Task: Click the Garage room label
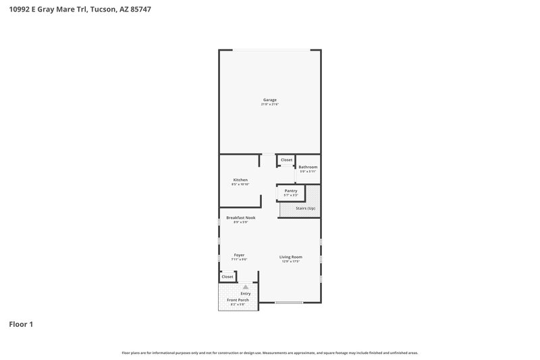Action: pos(269,100)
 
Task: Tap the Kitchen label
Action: pos(240,180)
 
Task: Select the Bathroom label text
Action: pos(308,167)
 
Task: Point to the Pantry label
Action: pos(291,191)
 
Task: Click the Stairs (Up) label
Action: pos(306,208)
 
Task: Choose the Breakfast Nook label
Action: pos(240,217)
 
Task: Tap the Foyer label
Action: pos(239,255)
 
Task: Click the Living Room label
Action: pos(291,257)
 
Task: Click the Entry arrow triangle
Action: pos(246,287)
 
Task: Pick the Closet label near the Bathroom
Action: pos(287,160)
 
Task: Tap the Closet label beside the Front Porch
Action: pos(227,276)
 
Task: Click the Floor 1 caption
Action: pos(20,324)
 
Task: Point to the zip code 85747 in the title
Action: pos(139,9)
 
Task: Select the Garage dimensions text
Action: pos(269,105)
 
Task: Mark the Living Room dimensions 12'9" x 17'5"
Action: pos(291,261)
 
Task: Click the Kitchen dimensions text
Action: pos(240,184)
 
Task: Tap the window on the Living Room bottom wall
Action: pos(288,302)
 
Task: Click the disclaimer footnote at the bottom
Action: pos(269,353)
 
